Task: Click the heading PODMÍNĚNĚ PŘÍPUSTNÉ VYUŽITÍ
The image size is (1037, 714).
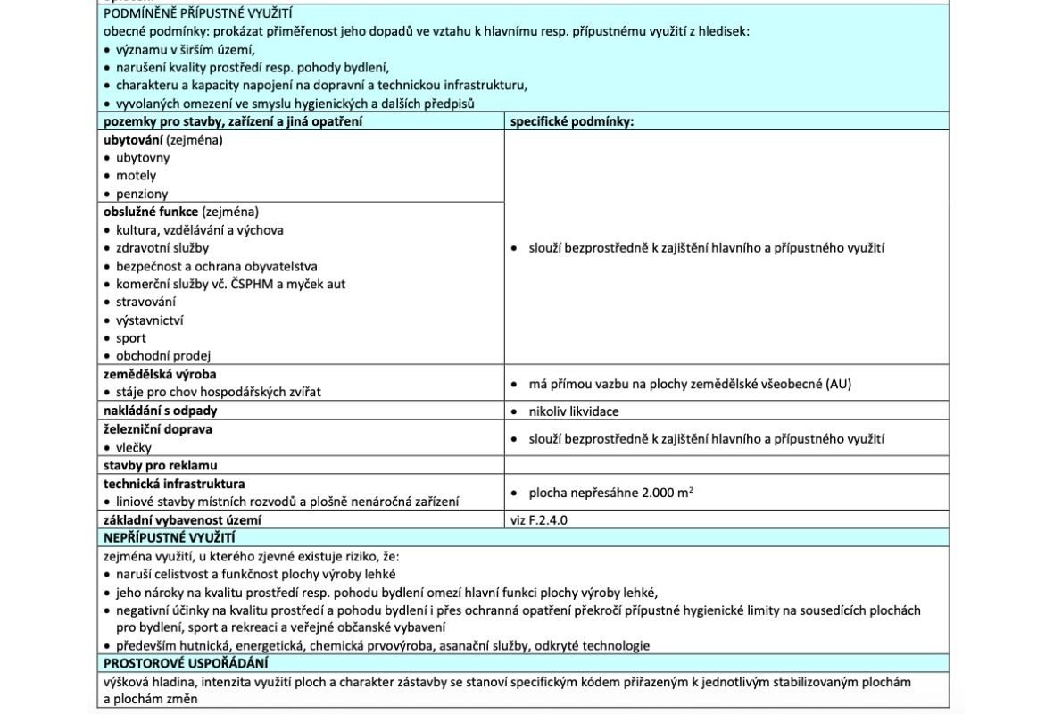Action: pyautogui.click(x=197, y=13)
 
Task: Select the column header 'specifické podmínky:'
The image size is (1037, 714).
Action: pyautogui.click(x=571, y=121)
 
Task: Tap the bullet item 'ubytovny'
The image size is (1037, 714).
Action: pyautogui.click(x=142, y=158)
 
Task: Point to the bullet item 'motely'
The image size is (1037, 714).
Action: pyautogui.click(x=136, y=176)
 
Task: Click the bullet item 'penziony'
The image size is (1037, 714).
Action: pyautogui.click(x=141, y=194)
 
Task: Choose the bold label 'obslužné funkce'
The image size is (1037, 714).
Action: pyautogui.click(x=151, y=212)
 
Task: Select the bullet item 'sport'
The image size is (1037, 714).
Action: pyautogui.click(x=130, y=338)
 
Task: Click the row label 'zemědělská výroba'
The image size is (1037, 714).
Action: pyautogui.click(x=160, y=374)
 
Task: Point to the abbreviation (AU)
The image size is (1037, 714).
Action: pyautogui.click(x=838, y=384)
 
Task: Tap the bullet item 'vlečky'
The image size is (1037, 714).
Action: pyautogui.click(x=133, y=447)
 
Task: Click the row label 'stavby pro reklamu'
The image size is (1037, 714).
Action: pyautogui.click(x=161, y=465)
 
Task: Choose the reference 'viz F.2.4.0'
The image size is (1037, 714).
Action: pyautogui.click(x=538, y=519)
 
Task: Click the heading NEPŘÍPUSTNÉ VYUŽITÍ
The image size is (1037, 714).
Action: pyautogui.click(x=170, y=537)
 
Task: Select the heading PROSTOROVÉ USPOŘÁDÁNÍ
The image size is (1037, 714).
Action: pyautogui.click(x=186, y=663)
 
